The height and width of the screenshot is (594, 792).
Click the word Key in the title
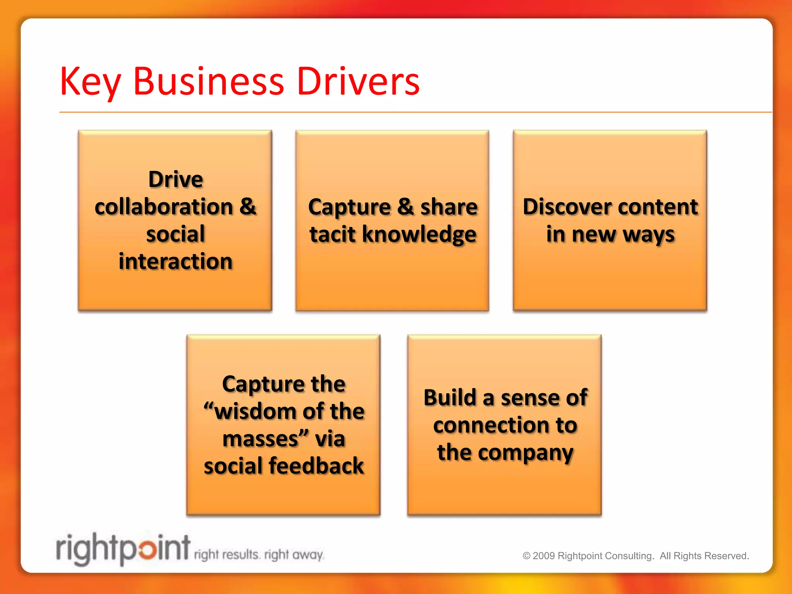pyautogui.click(x=90, y=82)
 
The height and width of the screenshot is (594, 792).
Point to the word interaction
pyautogui.click(x=176, y=261)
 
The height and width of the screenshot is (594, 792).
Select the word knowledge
pyautogui.click(x=419, y=235)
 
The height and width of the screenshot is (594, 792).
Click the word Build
pyautogui.click(x=450, y=398)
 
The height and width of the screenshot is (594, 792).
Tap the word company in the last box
pyautogui.click(x=526, y=453)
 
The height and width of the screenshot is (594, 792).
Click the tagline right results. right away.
pyautogui.click(x=259, y=555)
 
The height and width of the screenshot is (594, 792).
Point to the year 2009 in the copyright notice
pyautogui.click(x=543, y=556)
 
